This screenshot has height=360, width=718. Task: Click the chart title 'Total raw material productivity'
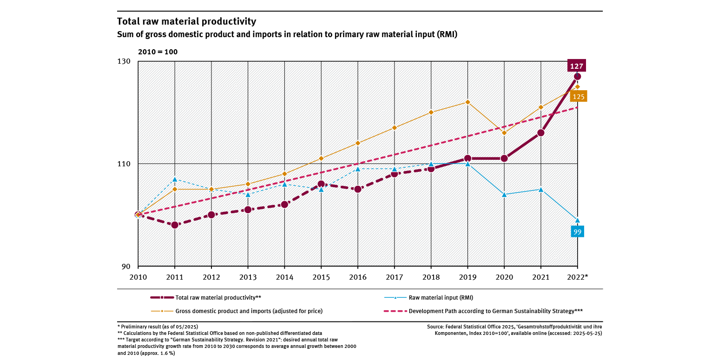186,21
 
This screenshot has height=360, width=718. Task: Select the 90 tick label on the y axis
127,267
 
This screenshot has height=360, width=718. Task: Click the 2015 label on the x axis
321,277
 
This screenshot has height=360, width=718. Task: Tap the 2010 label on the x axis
138,277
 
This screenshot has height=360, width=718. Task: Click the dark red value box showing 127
577,66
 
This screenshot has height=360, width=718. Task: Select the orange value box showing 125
579,97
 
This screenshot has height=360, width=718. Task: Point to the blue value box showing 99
577,232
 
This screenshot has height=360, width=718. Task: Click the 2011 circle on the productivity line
175,225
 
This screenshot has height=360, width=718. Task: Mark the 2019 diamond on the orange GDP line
468,102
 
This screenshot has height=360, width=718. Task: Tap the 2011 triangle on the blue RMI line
175,179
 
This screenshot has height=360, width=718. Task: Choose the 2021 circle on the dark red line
540,133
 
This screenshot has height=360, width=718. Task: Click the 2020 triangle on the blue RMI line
504,194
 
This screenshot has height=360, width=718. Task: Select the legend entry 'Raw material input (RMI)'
441,297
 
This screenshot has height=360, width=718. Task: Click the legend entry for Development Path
495,311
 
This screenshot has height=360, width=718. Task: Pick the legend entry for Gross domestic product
249,311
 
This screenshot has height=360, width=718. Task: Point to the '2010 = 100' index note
158,52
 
